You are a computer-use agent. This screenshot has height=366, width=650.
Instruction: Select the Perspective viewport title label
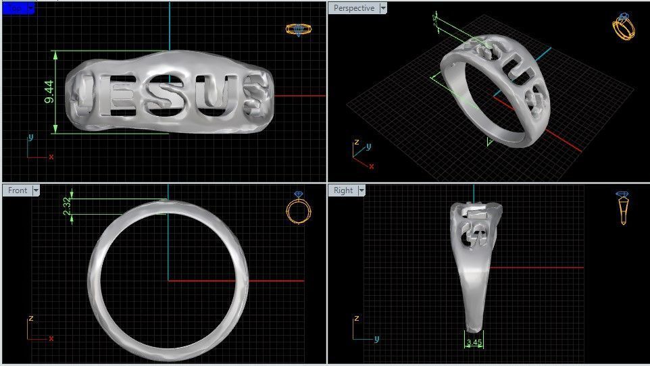tap(353, 8)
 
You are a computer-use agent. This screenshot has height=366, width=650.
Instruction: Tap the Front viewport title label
tap(18, 190)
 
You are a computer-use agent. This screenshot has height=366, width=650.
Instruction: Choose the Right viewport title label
tap(343, 190)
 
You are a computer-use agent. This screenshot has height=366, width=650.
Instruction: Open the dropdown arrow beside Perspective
tap(383, 8)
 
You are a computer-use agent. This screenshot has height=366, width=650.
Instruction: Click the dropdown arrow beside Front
tap(35, 190)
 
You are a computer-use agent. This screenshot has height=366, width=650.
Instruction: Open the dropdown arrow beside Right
tap(361, 190)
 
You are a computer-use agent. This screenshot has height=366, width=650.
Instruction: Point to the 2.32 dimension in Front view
tap(66, 206)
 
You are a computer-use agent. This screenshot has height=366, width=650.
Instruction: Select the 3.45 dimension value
tap(474, 342)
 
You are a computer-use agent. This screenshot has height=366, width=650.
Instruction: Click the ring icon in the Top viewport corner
tap(297, 29)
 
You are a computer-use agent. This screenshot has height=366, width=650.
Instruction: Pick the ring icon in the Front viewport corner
tap(298, 207)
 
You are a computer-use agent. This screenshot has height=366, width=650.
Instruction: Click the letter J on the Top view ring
tap(84, 92)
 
